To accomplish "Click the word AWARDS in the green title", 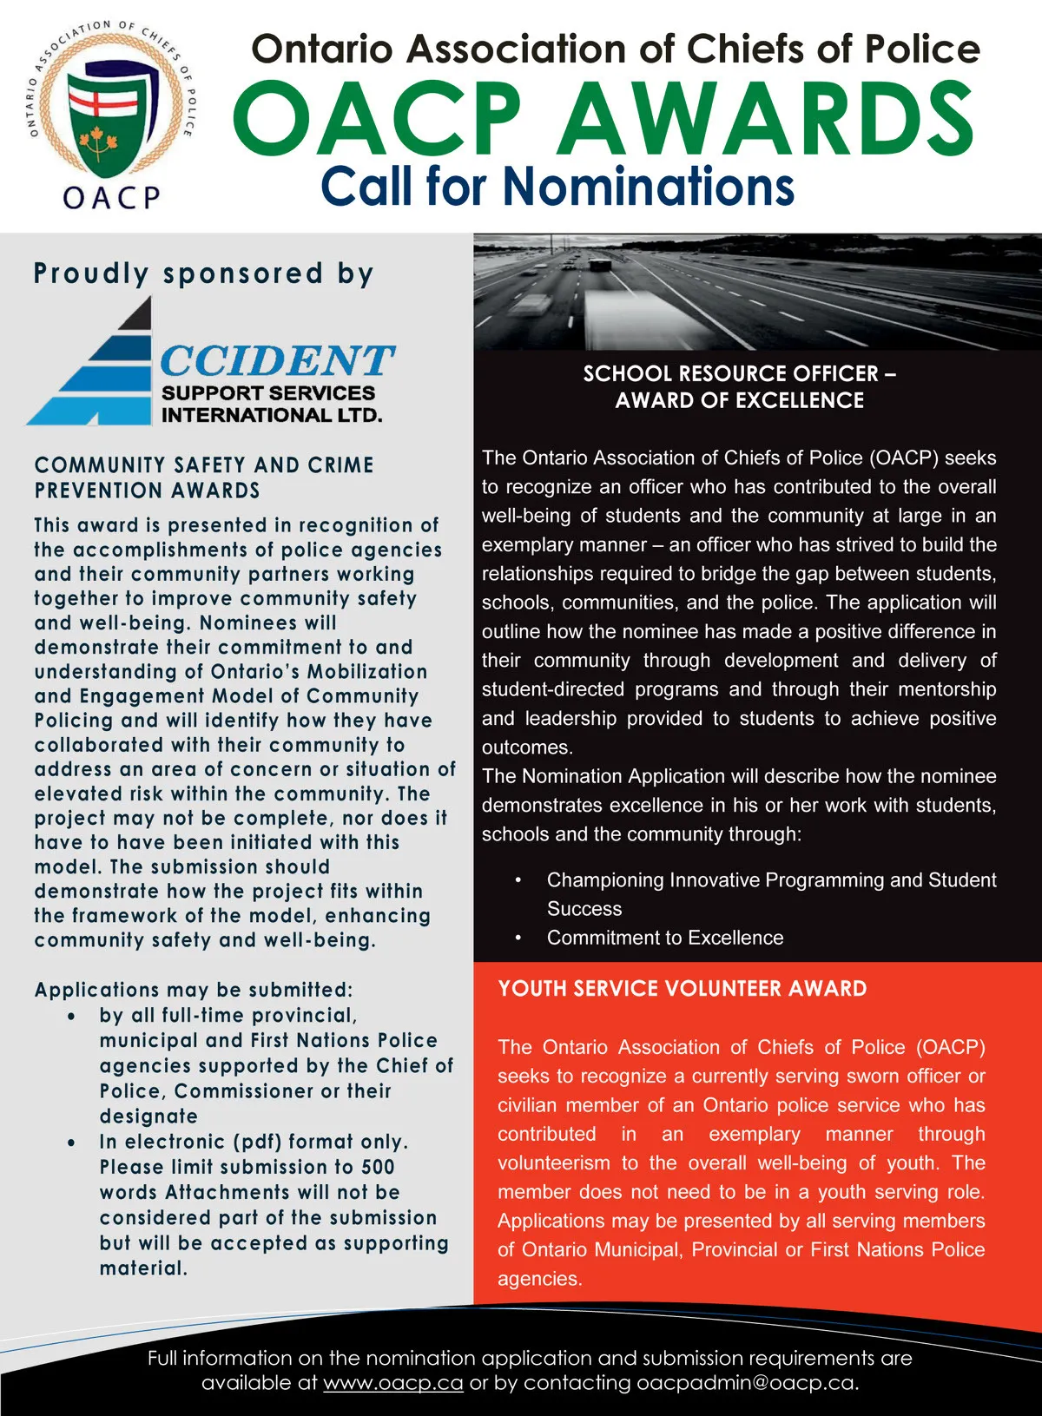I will (x=764, y=119).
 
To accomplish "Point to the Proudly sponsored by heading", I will (x=203, y=273).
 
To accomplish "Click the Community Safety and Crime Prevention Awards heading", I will (x=204, y=477).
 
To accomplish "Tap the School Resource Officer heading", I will (x=739, y=386).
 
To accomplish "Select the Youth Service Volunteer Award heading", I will (x=682, y=988).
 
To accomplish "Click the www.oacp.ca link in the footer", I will (x=392, y=1382).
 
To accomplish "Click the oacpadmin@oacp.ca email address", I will (x=746, y=1382).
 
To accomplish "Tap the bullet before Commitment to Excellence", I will (x=518, y=938).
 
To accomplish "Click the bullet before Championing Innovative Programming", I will (x=518, y=880).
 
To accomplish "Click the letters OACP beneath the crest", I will (x=111, y=197).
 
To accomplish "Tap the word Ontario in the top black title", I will (x=325, y=49).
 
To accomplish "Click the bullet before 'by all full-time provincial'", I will (x=71, y=1016).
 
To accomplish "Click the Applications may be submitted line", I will (x=194, y=990).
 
